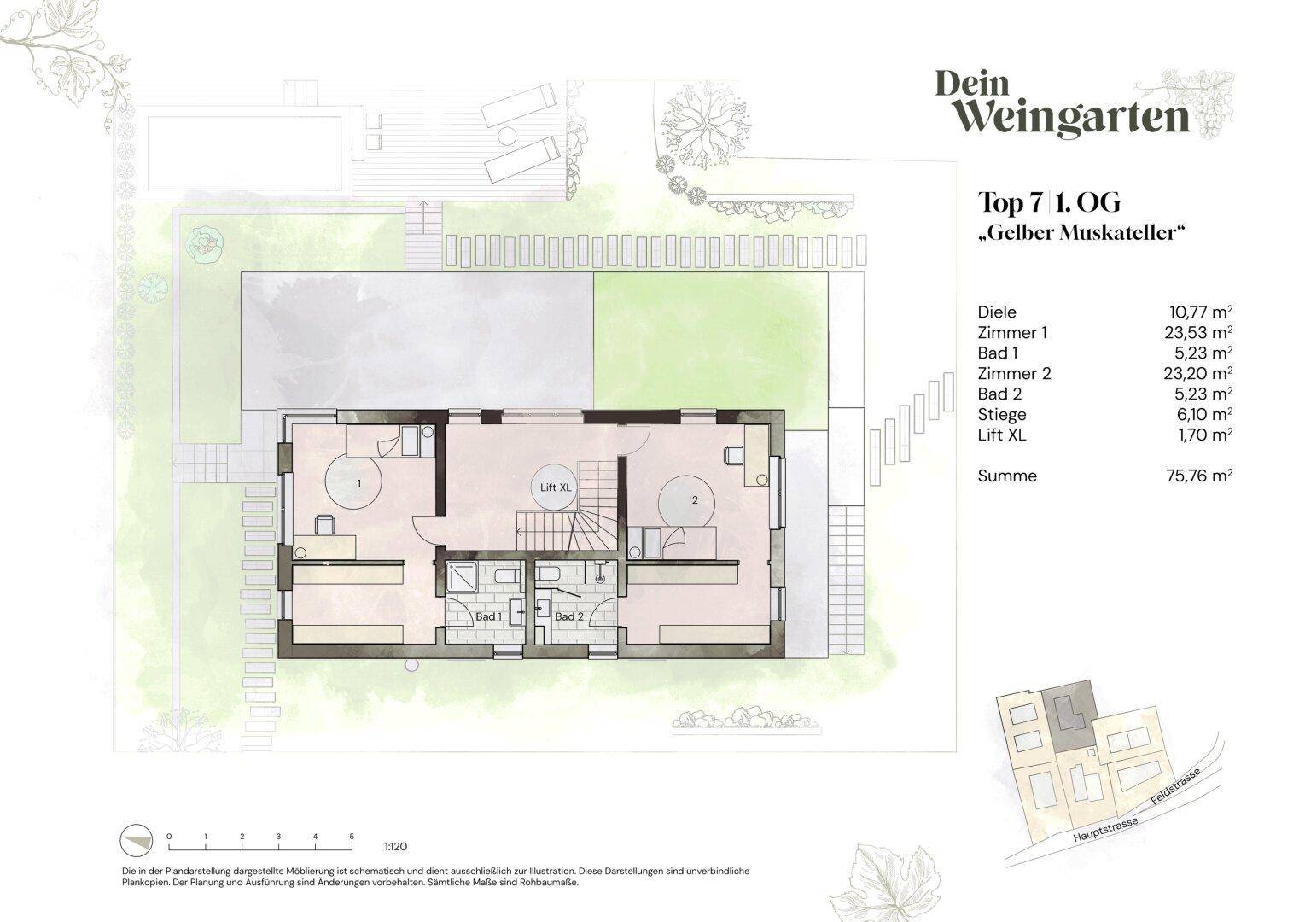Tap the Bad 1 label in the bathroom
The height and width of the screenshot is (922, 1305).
[x=488, y=616]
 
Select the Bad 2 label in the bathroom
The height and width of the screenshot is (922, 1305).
[x=568, y=616]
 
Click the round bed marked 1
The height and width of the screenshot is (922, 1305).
[x=353, y=482]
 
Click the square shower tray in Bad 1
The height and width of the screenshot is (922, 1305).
[x=462, y=577]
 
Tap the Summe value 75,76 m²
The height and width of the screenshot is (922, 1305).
[x=1199, y=476]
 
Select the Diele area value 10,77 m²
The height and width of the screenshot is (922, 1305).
[x=1201, y=312]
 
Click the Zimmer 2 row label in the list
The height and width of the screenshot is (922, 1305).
[x=1014, y=374]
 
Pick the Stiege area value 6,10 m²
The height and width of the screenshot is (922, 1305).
[x=1203, y=414]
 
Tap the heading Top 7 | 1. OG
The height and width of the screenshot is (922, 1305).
[x=1049, y=202]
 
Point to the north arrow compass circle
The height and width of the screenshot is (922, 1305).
[x=137, y=842]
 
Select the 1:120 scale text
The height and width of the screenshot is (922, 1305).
[x=395, y=847]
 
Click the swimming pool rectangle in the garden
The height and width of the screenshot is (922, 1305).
[x=244, y=154]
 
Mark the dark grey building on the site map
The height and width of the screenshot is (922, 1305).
[x=1068, y=718]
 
